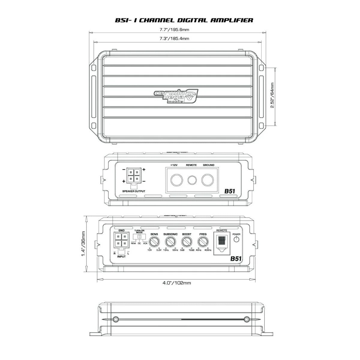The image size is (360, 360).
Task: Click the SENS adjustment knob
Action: click(154, 242)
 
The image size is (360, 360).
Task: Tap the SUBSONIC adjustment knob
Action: click(170, 242)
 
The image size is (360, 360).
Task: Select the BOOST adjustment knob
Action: click(187, 242)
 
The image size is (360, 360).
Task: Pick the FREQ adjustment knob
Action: click(203, 242)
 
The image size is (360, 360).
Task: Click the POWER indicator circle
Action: click(236, 239)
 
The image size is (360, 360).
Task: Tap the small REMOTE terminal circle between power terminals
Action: click(192, 180)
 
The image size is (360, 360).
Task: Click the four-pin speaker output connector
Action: click(133, 175)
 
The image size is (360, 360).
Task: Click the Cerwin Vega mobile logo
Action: click(176, 97)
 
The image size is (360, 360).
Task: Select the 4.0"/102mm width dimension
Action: click(176, 283)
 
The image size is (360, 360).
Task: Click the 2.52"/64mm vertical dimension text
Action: click(272, 96)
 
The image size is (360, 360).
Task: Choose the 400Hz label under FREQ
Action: click(208, 250)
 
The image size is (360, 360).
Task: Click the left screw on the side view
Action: click(115, 319)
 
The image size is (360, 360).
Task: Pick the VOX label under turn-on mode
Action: click(145, 243)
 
